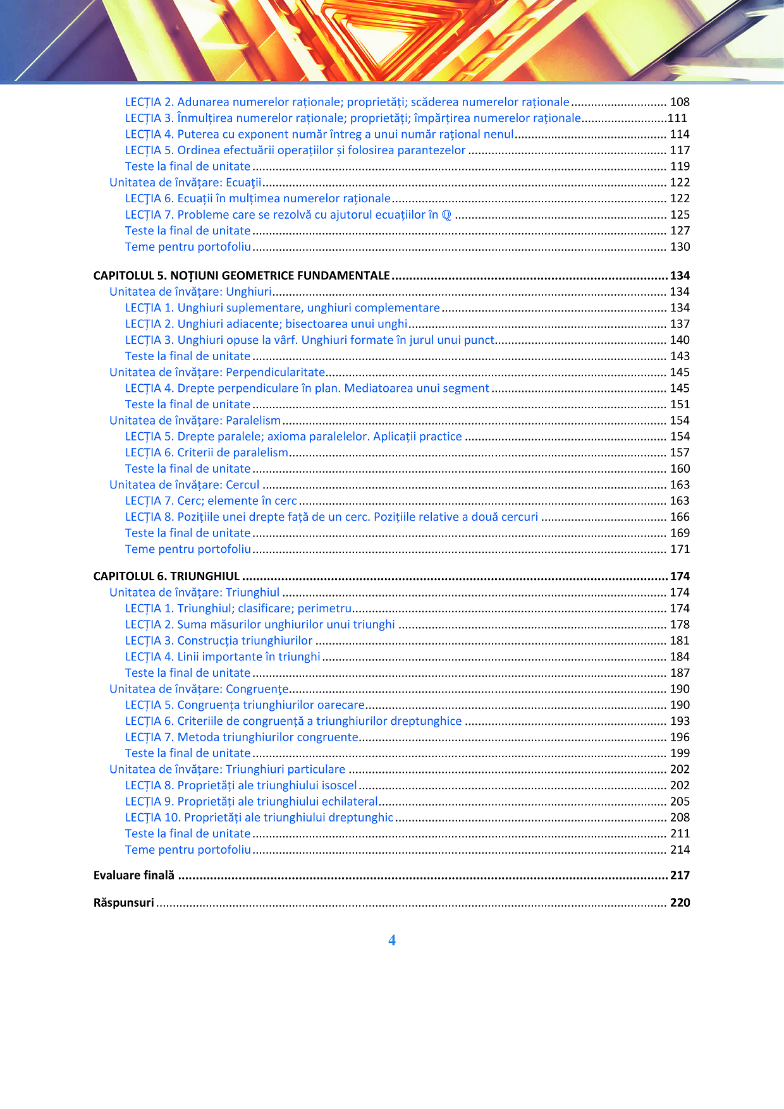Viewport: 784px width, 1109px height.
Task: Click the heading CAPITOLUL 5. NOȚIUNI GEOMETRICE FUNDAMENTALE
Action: pos(241,276)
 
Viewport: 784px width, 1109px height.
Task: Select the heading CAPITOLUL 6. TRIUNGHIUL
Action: pos(166,576)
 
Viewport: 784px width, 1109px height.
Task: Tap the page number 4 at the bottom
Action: pos(392,940)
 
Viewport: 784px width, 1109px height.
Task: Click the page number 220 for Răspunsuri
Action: pos(680,902)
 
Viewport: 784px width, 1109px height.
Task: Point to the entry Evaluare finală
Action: pos(133,875)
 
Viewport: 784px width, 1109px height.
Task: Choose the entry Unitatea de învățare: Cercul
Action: pos(184,485)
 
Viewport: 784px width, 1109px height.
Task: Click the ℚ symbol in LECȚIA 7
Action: pos(446,215)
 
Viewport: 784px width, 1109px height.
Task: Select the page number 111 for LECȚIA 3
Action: pos(677,118)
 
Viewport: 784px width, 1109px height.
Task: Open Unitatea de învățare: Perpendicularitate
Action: pos(217,372)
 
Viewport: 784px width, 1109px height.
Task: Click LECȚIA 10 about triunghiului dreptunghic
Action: pos(259,817)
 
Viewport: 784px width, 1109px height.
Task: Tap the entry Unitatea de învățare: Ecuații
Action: pos(185,183)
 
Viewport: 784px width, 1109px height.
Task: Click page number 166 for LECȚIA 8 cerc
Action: pos(680,517)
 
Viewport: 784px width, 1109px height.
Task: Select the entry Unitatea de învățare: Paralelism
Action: pos(195,420)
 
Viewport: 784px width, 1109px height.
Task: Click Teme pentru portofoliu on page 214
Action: pos(188,849)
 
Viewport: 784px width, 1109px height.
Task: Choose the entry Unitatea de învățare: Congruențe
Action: pos(199,689)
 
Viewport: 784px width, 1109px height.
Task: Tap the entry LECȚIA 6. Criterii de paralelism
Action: pos(206,452)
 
